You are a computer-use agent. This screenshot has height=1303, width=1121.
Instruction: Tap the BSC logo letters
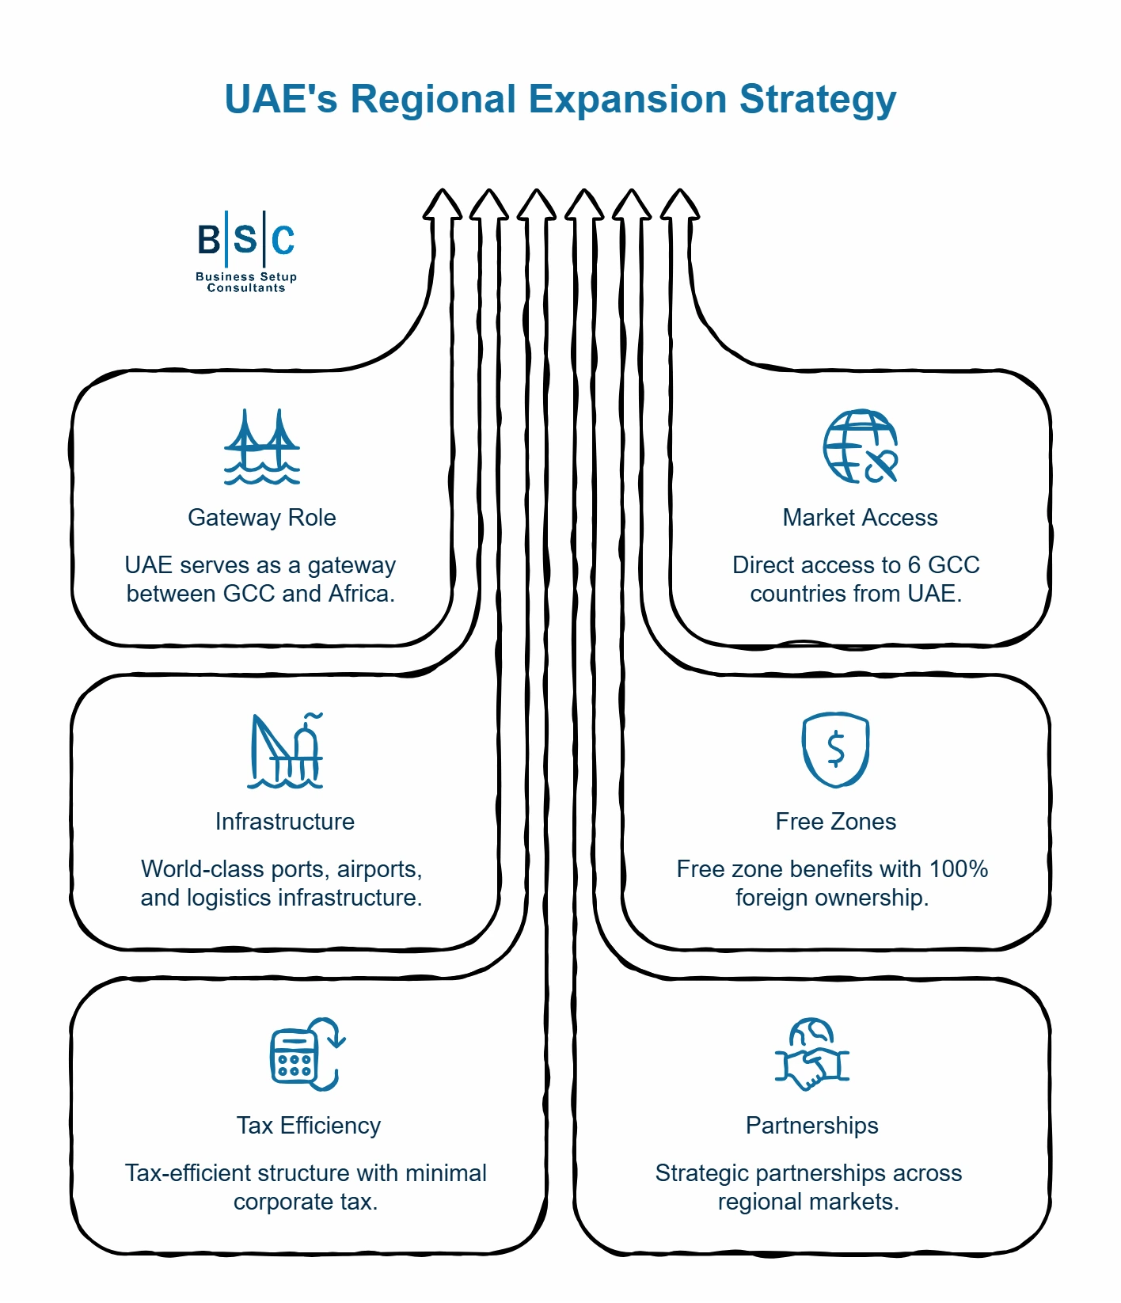tap(245, 239)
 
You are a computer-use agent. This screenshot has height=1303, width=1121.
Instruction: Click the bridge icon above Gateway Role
tap(262, 446)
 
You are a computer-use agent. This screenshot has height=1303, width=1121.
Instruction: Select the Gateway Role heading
tap(262, 518)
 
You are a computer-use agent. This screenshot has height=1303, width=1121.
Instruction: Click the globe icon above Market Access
tap(860, 446)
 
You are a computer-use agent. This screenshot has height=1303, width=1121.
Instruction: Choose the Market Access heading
tap(860, 518)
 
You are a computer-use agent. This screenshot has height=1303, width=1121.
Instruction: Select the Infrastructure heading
tap(285, 822)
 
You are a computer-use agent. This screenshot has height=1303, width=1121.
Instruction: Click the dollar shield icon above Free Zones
tap(835, 750)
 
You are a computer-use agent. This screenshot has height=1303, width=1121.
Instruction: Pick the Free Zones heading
tap(835, 822)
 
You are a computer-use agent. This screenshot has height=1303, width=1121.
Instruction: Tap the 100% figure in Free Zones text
tap(958, 869)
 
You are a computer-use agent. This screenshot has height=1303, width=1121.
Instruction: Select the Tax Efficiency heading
tap(309, 1126)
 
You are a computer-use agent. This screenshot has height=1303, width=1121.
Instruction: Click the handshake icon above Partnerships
tap(811, 1054)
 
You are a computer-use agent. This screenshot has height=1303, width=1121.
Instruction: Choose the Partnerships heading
tap(811, 1126)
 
